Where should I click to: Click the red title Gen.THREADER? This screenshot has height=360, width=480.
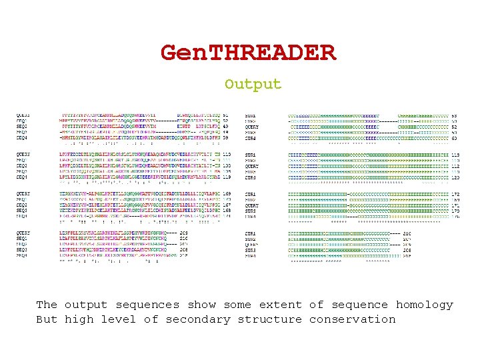[x=248, y=53]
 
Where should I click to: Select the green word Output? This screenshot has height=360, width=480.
[x=253, y=85]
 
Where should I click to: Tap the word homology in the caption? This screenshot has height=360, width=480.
[x=425, y=305]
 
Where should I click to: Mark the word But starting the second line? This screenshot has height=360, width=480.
[x=47, y=319]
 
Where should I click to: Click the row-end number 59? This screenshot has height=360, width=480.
[x=226, y=138]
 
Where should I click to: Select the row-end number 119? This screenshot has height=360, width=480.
[x=226, y=177]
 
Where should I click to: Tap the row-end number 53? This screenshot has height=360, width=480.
[x=455, y=115]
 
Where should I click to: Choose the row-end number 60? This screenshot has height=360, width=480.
[x=455, y=138]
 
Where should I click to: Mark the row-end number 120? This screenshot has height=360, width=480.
[x=455, y=177]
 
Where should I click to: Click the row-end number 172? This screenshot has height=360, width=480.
[x=455, y=194]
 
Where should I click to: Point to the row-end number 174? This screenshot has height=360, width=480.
[x=455, y=217]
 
